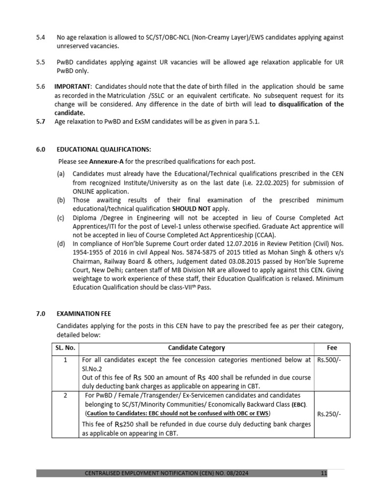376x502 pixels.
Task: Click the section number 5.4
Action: click(41, 38)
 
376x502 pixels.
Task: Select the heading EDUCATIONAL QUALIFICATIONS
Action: click(104, 150)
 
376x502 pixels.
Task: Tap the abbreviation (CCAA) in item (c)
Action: click(262, 234)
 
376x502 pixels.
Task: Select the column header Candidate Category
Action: click(196, 348)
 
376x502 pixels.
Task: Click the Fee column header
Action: click(332, 348)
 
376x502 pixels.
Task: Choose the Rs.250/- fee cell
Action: click(329, 414)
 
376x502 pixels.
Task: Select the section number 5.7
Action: click(41, 122)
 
